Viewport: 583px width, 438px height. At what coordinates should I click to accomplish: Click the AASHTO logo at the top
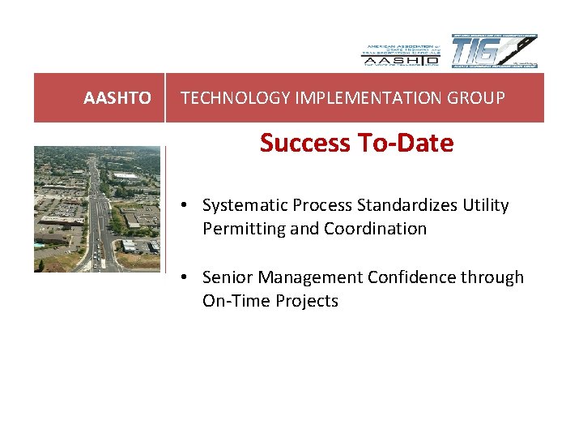[x=400, y=52]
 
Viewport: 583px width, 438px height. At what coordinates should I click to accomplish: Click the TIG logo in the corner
[x=494, y=52]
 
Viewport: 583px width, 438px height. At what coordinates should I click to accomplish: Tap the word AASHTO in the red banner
[x=117, y=98]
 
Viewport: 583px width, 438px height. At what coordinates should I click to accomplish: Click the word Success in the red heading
[x=300, y=144]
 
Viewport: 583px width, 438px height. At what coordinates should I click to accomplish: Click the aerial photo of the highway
[x=97, y=209]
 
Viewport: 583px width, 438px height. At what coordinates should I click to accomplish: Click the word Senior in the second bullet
[x=226, y=277]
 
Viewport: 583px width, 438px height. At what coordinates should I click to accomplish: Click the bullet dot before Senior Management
[x=185, y=277]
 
